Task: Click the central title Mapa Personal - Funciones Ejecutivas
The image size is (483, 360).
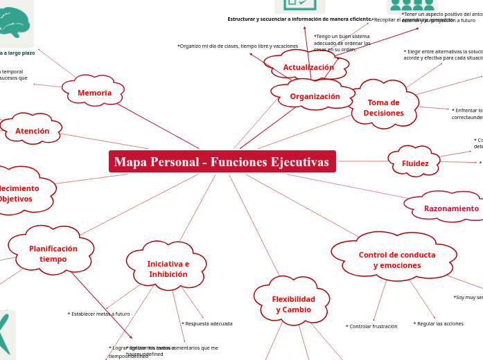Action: point(222,162)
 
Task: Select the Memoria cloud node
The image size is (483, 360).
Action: point(94,93)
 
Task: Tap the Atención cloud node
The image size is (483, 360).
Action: point(32,131)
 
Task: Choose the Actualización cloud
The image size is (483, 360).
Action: point(308,67)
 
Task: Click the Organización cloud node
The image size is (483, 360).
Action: point(315,96)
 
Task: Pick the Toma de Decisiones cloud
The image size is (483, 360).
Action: point(383,107)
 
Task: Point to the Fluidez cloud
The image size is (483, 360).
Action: point(414,163)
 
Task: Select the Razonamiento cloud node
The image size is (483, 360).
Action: point(451,208)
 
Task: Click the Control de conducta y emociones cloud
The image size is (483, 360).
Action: point(396,260)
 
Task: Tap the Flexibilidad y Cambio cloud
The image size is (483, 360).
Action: point(292,304)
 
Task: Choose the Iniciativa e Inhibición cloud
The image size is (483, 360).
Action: point(168,269)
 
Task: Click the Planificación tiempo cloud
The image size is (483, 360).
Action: point(53,253)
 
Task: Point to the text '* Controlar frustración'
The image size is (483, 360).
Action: point(371,327)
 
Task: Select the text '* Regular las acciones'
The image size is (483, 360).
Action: point(438,324)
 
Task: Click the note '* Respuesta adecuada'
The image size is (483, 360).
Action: point(207,324)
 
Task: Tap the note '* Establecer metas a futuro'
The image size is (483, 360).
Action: point(98,314)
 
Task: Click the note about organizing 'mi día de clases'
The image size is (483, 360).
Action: point(238,46)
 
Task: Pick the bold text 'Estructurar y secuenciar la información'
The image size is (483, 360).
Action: point(299,19)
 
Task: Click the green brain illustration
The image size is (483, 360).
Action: point(14,22)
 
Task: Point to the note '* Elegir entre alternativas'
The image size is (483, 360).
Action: point(443,55)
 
